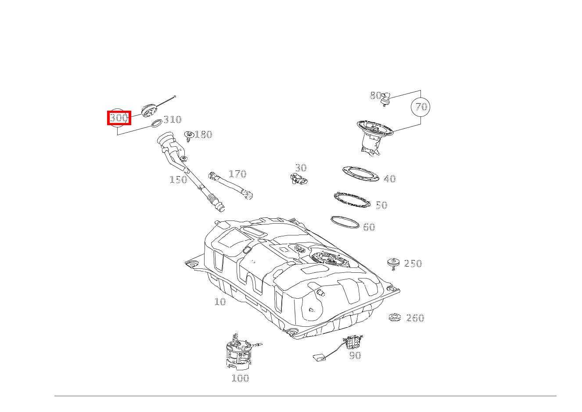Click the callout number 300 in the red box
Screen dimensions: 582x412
pos(119,118)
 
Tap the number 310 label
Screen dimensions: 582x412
pos(172,119)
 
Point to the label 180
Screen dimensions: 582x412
pos(204,134)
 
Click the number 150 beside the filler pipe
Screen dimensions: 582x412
pos(178,180)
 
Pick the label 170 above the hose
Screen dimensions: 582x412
pos(237,173)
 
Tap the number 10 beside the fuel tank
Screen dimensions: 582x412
pos(220,302)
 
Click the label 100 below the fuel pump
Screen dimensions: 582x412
pos(241,378)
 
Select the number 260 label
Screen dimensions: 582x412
pos(415,318)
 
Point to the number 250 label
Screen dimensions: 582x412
pos(413,264)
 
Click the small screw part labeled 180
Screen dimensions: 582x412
pos(189,137)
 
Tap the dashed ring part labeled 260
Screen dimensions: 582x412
pos(395,318)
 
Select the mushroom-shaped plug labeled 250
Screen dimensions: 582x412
pos(393,264)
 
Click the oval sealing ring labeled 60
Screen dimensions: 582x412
pos(345,222)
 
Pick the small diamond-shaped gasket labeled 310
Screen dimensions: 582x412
pos(156,123)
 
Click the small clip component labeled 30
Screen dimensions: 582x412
pos(299,178)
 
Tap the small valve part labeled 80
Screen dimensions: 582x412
pos(386,99)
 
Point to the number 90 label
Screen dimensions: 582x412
pos(355,355)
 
